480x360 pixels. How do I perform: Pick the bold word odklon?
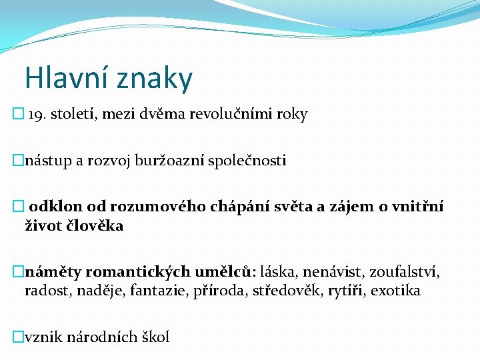click(51, 207)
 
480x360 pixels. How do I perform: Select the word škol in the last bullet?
click(156, 337)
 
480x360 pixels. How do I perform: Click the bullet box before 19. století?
click(18, 115)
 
